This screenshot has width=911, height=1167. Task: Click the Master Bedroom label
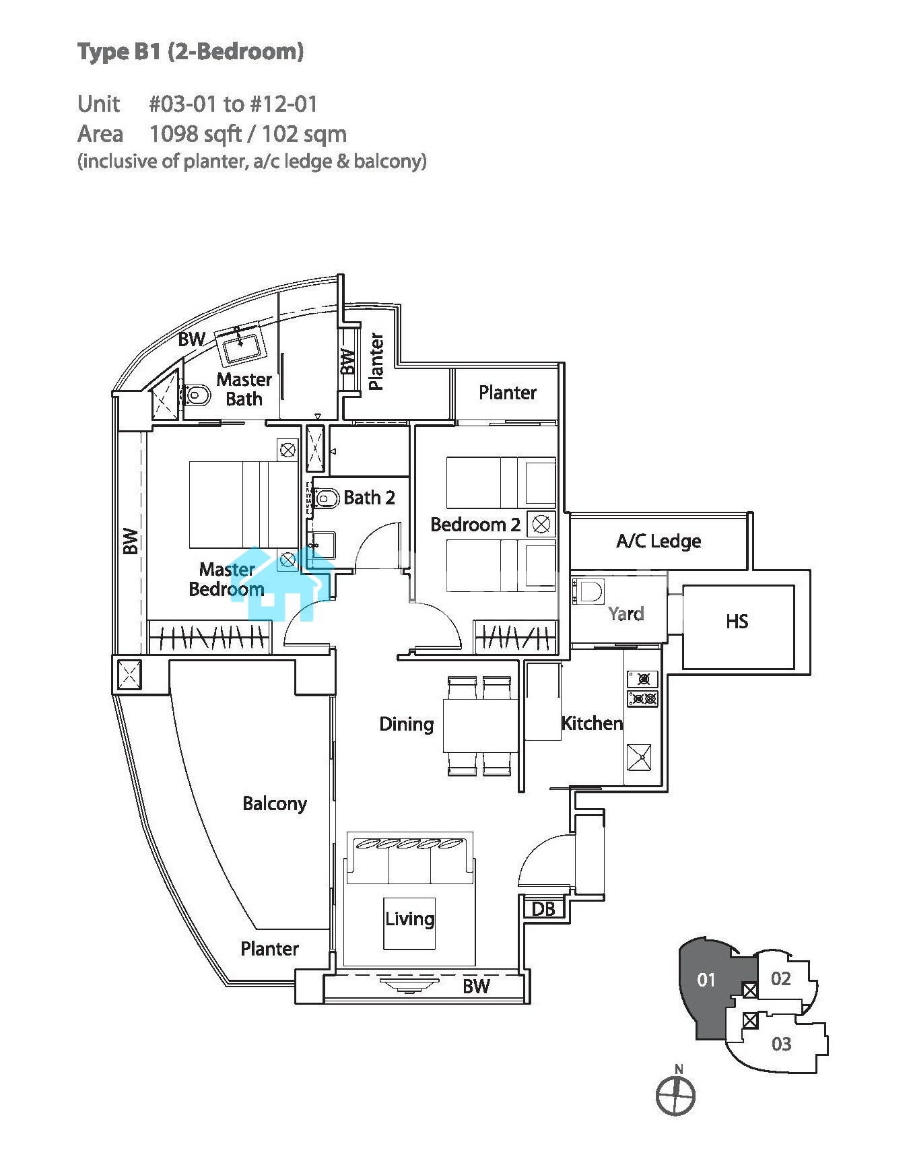[226, 580]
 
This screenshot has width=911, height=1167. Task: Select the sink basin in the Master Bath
[240, 347]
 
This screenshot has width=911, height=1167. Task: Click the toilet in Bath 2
[326, 499]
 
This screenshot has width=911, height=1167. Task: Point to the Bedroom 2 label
[475, 525]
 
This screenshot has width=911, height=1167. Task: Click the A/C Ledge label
[659, 541]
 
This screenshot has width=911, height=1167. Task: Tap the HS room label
[737, 621]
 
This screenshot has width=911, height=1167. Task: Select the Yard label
[626, 613]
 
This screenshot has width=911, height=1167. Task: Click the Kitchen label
[592, 723]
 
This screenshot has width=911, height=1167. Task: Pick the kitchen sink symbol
[639, 757]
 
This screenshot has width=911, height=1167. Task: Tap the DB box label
[543, 909]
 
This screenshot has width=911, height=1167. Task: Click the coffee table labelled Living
[409, 923]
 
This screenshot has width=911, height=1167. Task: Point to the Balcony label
[275, 803]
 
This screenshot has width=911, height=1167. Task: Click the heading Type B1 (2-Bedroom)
[191, 52]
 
